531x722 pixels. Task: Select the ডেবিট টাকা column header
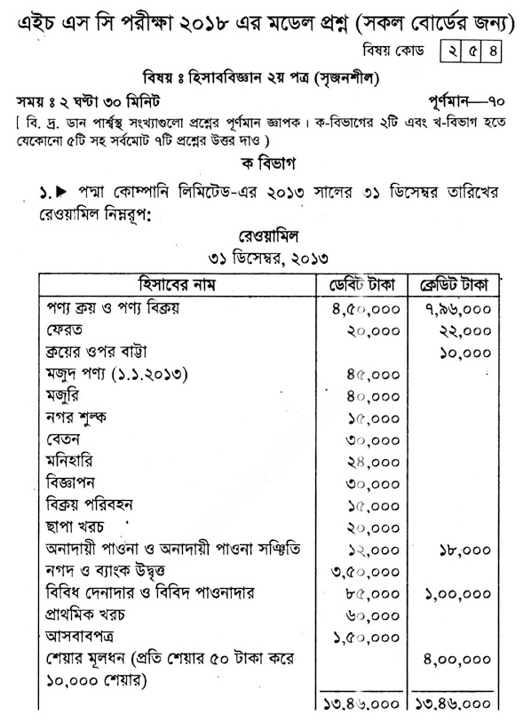click(361, 286)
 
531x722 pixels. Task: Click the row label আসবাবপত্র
click(83, 637)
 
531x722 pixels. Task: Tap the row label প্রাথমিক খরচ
click(93, 615)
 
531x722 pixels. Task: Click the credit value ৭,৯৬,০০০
click(460, 309)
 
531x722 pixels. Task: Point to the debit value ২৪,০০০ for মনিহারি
click(370, 462)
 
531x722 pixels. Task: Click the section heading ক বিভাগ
click(265, 164)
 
